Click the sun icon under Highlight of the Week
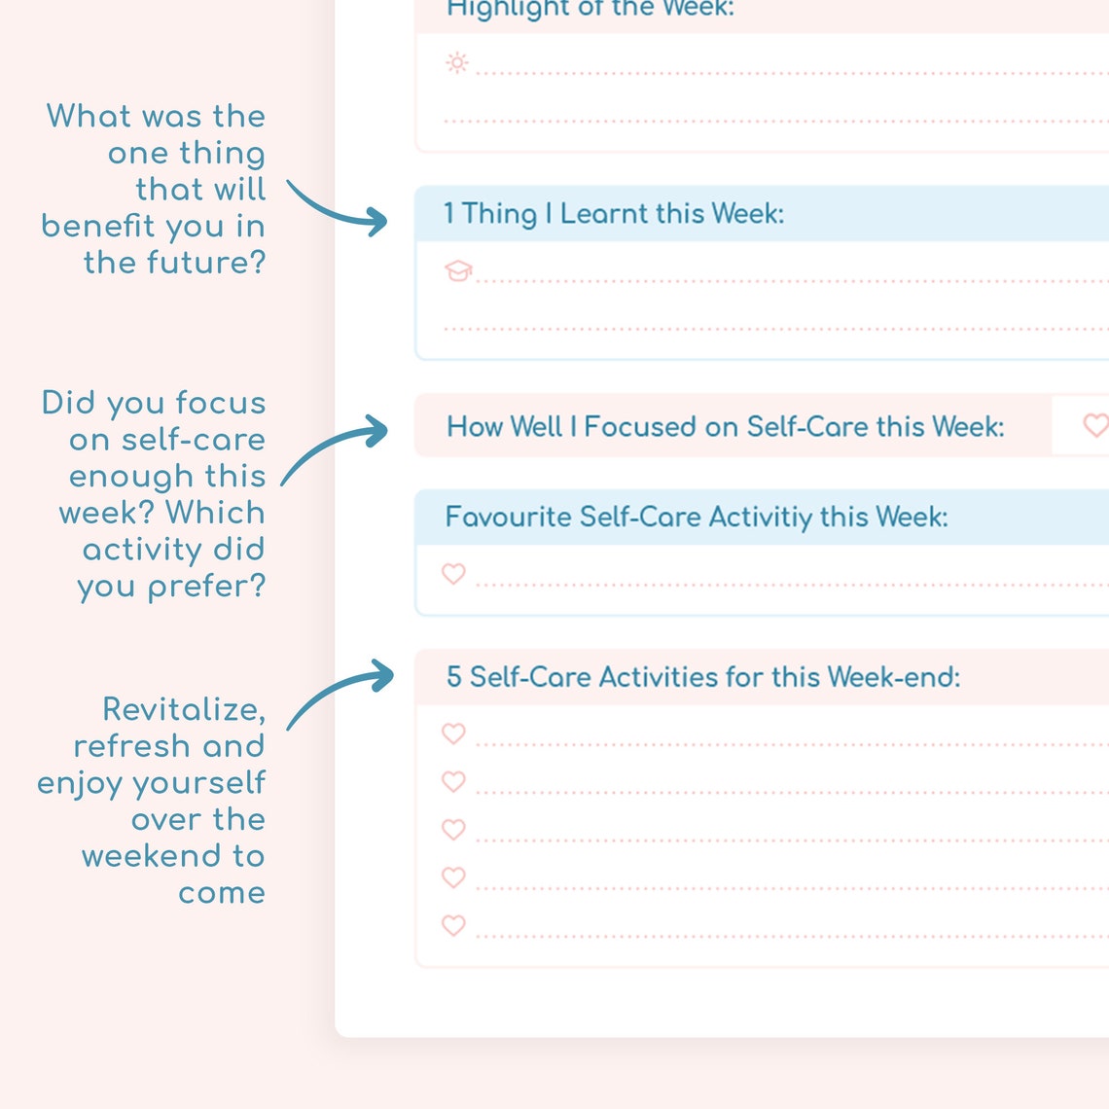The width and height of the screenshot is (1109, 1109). click(456, 63)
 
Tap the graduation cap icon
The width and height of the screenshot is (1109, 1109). click(458, 271)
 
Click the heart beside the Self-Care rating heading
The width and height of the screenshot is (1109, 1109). click(1095, 425)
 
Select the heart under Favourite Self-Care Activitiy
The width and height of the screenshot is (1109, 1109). click(453, 574)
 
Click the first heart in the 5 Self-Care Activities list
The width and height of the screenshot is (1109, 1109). click(453, 733)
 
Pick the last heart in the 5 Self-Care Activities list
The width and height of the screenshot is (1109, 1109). click(453, 925)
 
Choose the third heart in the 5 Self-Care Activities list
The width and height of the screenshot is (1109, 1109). click(453, 830)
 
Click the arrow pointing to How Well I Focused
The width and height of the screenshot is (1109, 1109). click(336, 447)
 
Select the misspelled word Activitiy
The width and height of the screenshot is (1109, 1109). click(760, 517)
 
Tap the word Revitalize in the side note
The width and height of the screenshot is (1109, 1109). click(184, 709)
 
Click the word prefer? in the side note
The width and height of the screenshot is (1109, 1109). click(206, 587)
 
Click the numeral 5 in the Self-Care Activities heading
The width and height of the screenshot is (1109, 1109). click(453, 677)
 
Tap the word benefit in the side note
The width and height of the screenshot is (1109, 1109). click(98, 226)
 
